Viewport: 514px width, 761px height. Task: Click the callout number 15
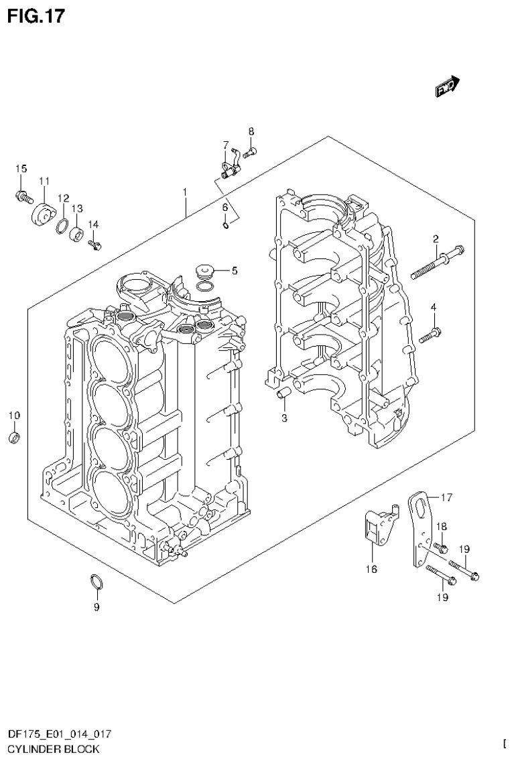21,168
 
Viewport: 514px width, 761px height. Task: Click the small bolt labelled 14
94,244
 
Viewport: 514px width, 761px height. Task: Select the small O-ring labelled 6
227,226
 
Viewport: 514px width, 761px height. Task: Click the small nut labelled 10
14,438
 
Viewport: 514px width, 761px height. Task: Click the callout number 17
446,497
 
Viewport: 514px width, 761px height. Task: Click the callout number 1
184,192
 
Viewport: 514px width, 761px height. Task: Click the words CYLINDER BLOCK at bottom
49,748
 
